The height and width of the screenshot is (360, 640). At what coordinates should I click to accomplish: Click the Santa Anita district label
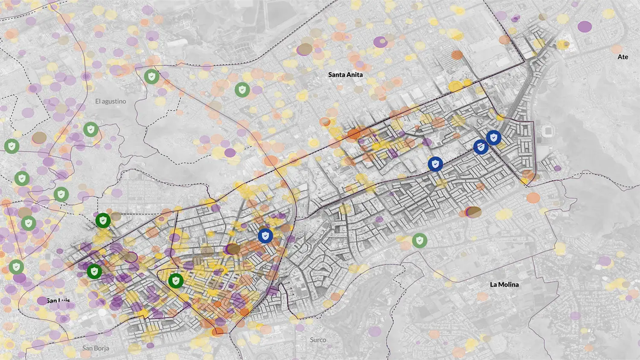point(345,75)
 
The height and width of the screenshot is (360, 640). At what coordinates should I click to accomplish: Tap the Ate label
point(623,57)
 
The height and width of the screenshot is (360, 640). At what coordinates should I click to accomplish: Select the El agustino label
point(111,102)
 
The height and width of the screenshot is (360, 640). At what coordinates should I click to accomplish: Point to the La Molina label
point(504,285)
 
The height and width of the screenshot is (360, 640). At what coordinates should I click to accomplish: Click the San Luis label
point(58,301)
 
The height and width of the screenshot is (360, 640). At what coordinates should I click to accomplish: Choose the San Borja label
point(96,348)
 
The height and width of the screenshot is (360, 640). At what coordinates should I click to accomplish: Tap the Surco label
point(318,340)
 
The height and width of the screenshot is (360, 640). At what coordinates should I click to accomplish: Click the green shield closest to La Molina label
point(420,241)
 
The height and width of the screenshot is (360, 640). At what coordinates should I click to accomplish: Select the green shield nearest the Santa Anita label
point(242,90)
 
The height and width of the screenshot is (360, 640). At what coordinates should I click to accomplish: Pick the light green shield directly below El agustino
point(90,129)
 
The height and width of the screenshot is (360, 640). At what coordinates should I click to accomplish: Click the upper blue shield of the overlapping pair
point(494,138)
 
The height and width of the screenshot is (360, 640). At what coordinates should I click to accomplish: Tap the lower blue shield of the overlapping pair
point(481,147)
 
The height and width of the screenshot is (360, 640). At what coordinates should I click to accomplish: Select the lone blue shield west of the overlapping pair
point(435,164)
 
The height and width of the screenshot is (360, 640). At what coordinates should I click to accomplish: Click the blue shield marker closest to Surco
point(265,235)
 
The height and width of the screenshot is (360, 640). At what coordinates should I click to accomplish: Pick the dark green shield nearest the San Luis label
point(94,271)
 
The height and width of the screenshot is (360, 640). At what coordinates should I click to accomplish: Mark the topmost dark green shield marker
point(103,221)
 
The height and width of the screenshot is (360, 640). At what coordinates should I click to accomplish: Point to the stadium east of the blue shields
point(547,131)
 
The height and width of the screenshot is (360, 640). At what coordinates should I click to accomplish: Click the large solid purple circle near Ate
point(585,26)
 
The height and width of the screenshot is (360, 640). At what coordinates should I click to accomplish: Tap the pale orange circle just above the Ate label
point(617,49)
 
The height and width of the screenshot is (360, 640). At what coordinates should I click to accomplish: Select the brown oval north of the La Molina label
point(473,212)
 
